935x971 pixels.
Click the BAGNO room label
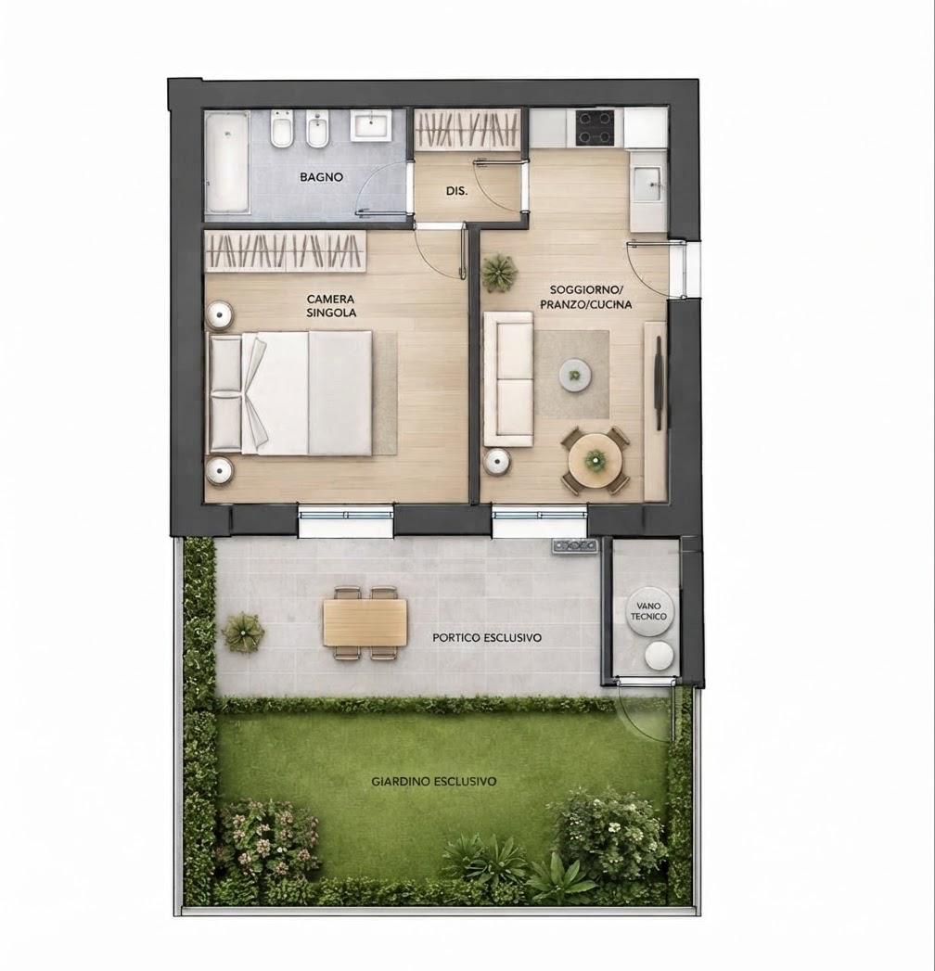coord(321,177)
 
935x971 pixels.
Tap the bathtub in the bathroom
coord(227,162)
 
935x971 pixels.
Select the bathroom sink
coord(370,126)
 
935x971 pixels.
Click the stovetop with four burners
coord(596,128)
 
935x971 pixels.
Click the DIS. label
coord(457,192)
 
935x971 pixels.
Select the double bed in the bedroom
coord(291,392)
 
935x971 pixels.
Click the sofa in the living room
coord(507,379)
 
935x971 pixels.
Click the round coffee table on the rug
coord(575,375)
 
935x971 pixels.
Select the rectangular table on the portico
coord(365,622)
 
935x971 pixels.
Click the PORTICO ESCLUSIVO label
coord(487,638)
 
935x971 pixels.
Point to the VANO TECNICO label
coord(648,611)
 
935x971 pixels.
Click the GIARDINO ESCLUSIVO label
coord(433,782)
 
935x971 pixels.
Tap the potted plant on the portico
coord(243,632)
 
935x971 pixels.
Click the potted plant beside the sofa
coord(500,273)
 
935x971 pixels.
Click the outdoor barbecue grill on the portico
coord(576,545)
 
